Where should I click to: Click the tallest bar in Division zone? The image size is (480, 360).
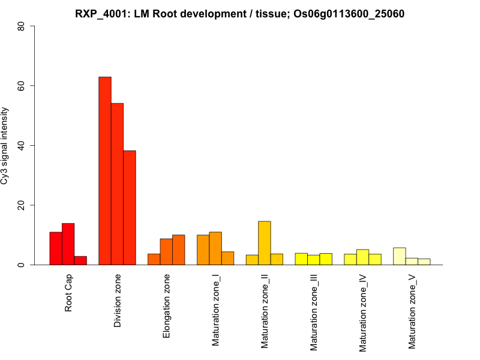[x=105, y=171]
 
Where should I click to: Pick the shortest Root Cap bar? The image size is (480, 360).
[x=80, y=260]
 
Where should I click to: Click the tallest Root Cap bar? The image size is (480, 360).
[x=68, y=244]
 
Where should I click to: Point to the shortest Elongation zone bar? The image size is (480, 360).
[x=154, y=259]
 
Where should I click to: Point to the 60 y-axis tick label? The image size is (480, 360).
[x=22, y=86]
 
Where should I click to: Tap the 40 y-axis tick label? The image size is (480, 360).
[x=22, y=145]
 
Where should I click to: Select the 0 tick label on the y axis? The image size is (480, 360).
[x=22, y=265]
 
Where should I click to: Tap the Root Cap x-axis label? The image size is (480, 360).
[x=69, y=294]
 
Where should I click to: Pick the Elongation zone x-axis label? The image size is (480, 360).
[x=167, y=306]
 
